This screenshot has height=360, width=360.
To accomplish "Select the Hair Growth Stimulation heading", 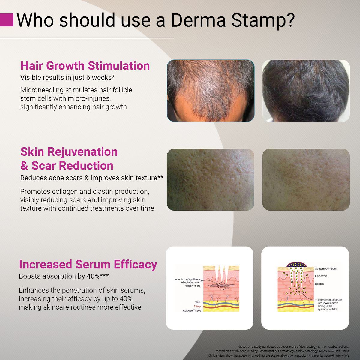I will [85, 66].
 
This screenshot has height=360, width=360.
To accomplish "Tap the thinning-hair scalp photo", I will [211, 91].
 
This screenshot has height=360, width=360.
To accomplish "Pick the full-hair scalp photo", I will [306, 91].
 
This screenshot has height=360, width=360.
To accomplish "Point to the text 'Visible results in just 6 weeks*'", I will [67, 77].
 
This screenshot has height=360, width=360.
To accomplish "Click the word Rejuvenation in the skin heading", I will [82, 152].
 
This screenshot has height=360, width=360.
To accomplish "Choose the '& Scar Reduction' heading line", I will [67, 166].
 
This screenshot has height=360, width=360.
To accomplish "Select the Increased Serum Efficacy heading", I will [88, 265].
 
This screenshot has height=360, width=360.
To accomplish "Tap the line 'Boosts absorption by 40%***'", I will [64, 276].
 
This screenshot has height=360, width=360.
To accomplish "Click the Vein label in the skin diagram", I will [198, 302].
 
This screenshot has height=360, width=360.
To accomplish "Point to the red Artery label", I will [197, 306].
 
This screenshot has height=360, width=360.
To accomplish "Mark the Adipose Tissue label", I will [192, 310].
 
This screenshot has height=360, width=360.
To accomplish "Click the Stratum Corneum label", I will [325, 269].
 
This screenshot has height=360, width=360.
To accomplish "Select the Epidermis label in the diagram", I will [321, 276].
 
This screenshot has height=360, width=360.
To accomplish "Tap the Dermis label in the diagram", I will [319, 284].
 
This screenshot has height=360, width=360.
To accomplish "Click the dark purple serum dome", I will [296, 265].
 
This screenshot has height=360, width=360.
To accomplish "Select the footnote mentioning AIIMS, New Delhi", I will [282, 351].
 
